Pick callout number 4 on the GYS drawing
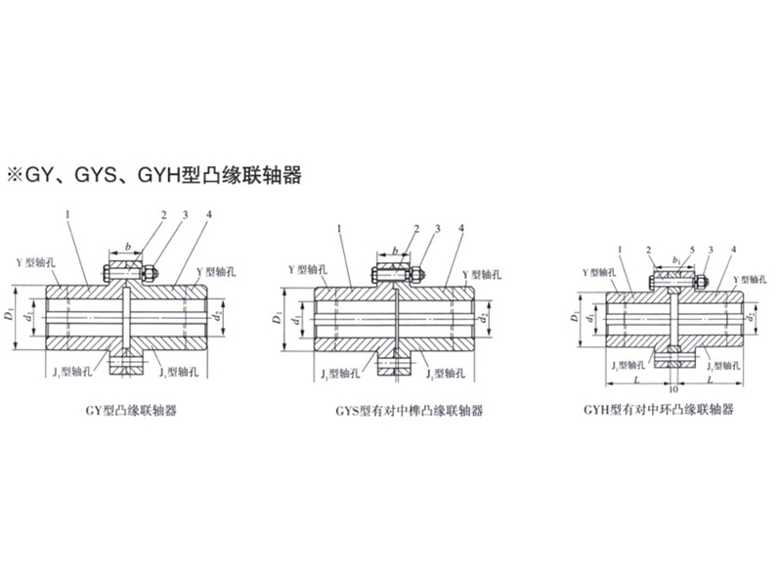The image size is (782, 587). pyautogui.click(x=460, y=228)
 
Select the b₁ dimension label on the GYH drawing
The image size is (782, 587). pyautogui.click(x=675, y=260)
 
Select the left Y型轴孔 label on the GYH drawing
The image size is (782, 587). pyautogui.click(x=599, y=274)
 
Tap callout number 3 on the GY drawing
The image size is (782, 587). pyautogui.click(x=185, y=213)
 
